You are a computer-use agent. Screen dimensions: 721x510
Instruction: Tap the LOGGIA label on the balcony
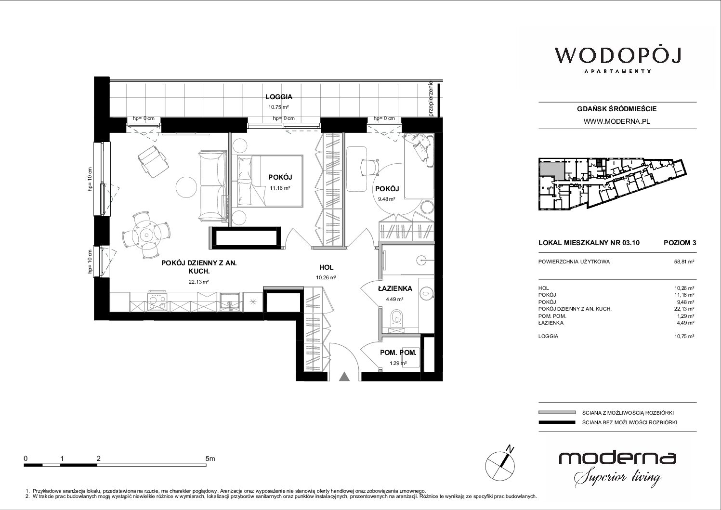[x=279, y=96]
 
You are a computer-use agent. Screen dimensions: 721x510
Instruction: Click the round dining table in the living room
[x=146, y=235]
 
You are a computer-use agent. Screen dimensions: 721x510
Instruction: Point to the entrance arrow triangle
[x=344, y=377]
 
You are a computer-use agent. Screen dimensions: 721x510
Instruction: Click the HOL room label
[x=327, y=267]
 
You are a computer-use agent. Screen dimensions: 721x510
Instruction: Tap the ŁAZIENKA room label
[x=395, y=288]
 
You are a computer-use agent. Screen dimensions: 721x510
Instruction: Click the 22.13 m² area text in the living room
[x=198, y=282]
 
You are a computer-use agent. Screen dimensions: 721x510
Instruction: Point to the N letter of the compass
[x=510, y=448]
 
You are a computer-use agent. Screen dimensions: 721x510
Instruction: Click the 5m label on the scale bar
[x=210, y=458]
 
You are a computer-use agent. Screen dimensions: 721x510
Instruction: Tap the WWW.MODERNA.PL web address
[x=616, y=121]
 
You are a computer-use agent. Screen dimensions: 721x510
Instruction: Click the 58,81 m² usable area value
[x=684, y=262]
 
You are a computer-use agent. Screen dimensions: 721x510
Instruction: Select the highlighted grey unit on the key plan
[x=552, y=170]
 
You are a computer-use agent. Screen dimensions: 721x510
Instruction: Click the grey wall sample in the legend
[x=557, y=413]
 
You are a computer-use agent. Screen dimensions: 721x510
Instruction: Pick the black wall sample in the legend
[x=557, y=422]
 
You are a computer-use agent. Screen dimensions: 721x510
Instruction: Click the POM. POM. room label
[x=398, y=353]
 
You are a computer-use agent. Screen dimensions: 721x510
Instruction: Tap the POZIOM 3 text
[x=680, y=243]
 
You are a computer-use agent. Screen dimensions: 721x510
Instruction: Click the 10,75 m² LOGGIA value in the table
[x=684, y=336]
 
